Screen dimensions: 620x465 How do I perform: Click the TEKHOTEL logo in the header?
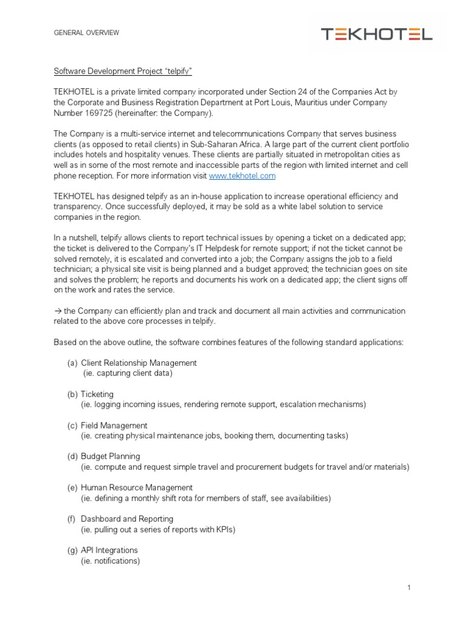point(376,35)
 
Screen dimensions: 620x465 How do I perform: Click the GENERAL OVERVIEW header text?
point(87,33)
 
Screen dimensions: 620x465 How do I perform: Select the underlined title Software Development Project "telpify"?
point(122,71)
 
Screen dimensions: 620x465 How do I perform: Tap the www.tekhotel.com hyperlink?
point(242,176)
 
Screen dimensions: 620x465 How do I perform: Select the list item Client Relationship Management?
point(139,363)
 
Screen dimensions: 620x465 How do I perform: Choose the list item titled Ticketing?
point(97,394)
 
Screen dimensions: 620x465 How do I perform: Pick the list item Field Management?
point(114,426)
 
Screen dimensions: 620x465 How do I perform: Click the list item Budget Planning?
point(110,457)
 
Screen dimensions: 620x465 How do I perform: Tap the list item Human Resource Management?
point(137,487)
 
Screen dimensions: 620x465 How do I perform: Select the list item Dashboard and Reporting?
point(127,519)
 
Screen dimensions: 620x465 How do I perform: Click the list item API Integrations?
point(109,550)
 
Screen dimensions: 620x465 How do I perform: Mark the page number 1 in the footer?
point(409,587)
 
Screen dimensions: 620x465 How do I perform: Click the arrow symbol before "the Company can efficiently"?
point(58,311)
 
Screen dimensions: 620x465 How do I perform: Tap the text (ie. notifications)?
point(110,561)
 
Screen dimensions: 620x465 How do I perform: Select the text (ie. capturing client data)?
point(128,373)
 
